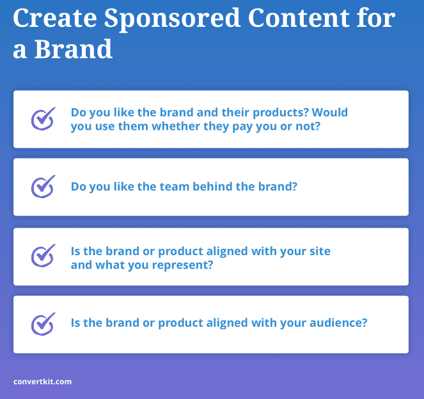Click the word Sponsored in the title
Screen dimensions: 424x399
tap(172, 19)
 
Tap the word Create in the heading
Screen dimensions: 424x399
tap(55, 18)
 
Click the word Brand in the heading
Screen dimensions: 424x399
tap(74, 49)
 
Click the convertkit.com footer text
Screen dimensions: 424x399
tap(42, 382)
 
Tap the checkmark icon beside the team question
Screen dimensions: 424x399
tap(43, 187)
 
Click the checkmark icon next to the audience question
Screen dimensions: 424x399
tap(43, 324)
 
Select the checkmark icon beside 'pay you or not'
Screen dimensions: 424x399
tap(43, 119)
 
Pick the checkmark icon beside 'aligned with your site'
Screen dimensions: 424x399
tap(43, 256)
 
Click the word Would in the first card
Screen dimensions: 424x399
tap(330, 112)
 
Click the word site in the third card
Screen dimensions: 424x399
tap(320, 251)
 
